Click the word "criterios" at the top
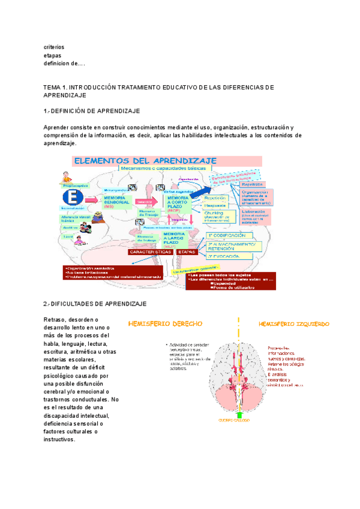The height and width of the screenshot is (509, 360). (x=54, y=46)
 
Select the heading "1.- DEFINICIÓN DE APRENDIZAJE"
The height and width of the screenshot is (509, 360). (x=92, y=111)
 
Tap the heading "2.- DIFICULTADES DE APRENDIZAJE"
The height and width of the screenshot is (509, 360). (x=95, y=305)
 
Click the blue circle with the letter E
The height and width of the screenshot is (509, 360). (x=72, y=198)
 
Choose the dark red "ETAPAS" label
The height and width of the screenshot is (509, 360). (x=187, y=252)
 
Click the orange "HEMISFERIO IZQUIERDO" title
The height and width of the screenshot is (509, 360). (x=293, y=324)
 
